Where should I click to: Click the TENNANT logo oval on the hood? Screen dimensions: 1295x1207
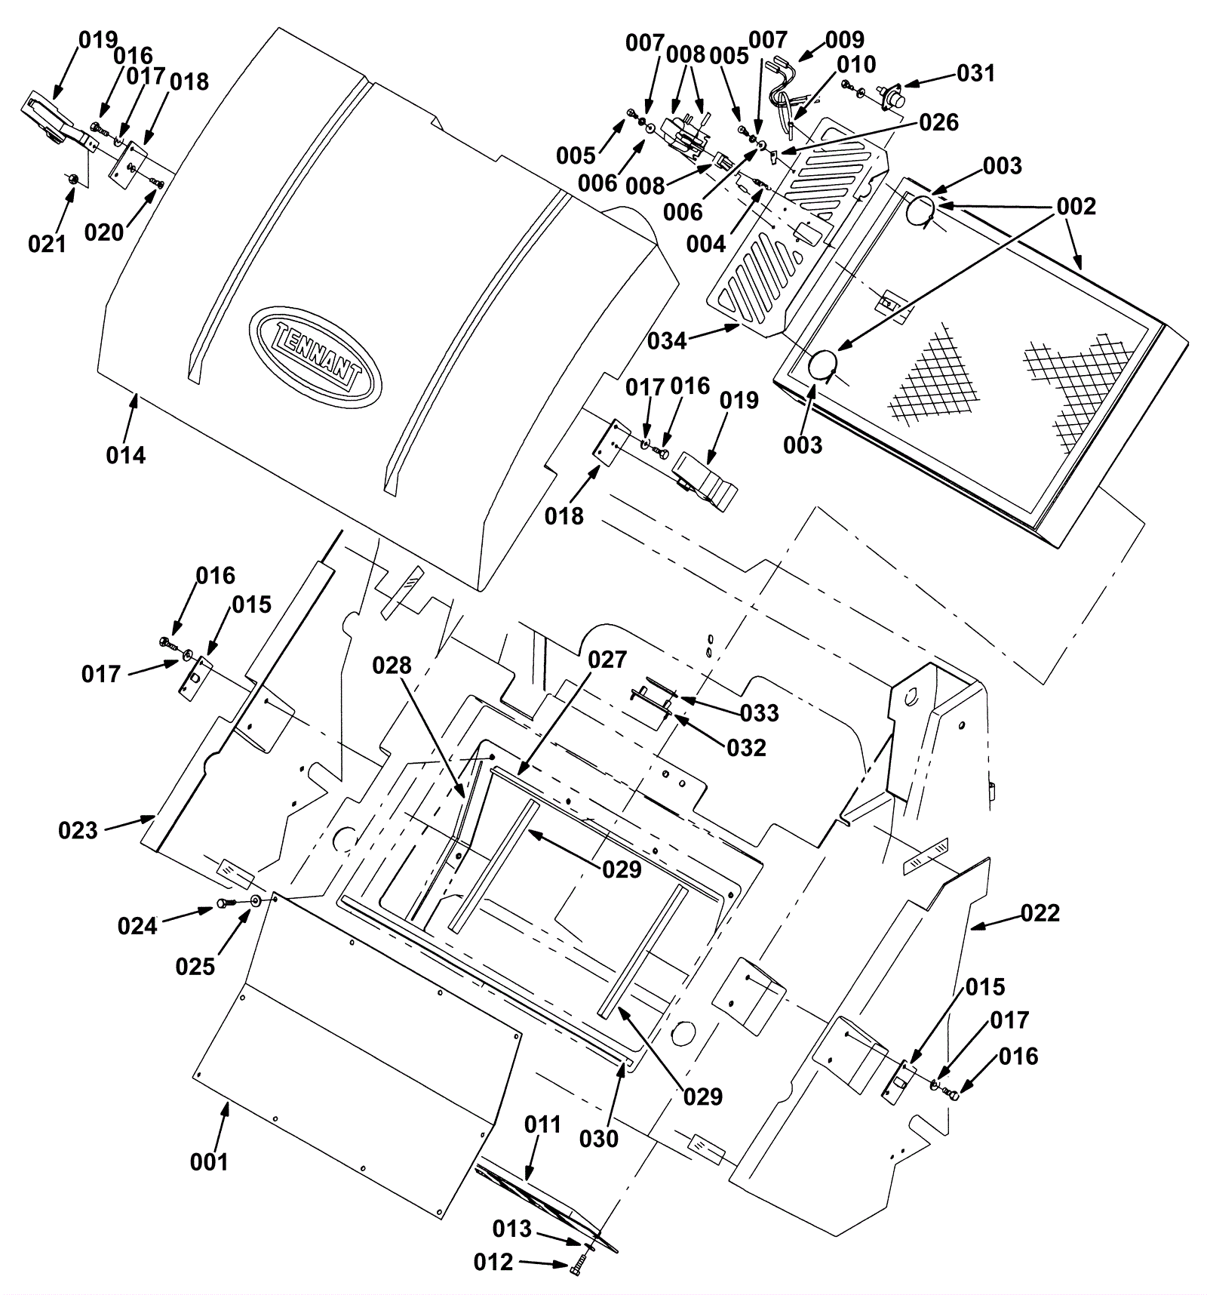click(316, 356)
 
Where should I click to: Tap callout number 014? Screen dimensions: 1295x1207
click(126, 455)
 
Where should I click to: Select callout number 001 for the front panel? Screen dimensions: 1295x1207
click(209, 1161)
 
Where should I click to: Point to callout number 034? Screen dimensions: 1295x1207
click(668, 341)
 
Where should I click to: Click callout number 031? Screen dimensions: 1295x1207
click(976, 73)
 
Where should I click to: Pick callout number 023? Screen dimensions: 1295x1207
click(78, 830)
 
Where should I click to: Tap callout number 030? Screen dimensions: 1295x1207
click(599, 1138)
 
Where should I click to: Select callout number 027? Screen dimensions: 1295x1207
click(607, 660)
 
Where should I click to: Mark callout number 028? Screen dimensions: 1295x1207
click(392, 666)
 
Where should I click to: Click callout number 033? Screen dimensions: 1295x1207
click(760, 712)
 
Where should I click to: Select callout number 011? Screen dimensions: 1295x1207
click(543, 1124)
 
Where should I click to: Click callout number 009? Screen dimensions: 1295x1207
click(845, 39)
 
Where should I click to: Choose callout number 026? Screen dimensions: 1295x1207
click(938, 122)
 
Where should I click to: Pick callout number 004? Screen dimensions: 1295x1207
click(706, 244)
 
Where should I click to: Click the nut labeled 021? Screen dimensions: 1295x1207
click(72, 179)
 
